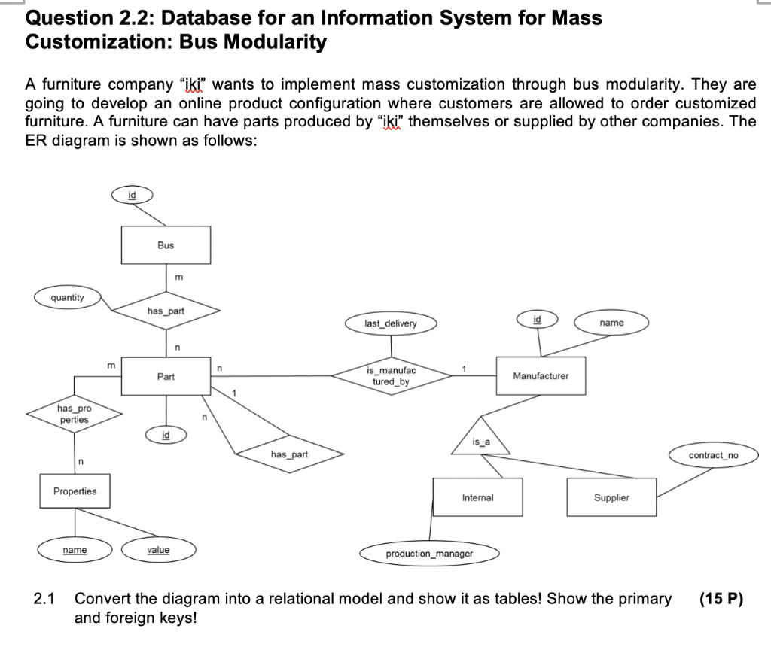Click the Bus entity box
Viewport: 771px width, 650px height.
point(166,245)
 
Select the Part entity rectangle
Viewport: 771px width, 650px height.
point(166,376)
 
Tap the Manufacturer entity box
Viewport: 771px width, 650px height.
point(541,375)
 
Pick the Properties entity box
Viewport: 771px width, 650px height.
point(75,491)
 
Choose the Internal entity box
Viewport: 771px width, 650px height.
point(477,497)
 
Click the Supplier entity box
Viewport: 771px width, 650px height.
point(611,497)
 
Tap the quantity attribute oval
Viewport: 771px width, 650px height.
point(68,298)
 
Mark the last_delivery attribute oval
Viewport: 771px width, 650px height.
point(390,323)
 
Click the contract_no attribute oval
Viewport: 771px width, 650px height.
point(713,455)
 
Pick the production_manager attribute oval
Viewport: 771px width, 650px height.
point(429,554)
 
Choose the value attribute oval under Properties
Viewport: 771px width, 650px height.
point(158,550)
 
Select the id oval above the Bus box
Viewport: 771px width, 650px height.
point(133,195)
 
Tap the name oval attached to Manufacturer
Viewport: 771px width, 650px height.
point(611,323)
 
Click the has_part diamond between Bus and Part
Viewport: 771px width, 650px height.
point(166,310)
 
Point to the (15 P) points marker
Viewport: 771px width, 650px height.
point(721,599)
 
